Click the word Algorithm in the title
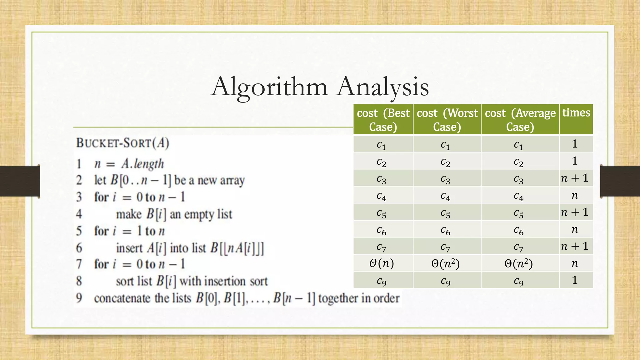[269, 86]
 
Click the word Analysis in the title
[383, 86]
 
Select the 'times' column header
[576, 113]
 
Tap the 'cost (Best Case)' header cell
[383, 120]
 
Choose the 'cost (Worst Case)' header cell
[447, 120]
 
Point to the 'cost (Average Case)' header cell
[520, 120]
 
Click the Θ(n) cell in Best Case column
[382, 263]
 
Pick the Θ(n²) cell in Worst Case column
[446, 263]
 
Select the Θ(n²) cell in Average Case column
[519, 263]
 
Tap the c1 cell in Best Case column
[382, 144]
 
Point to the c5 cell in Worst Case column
[446, 212]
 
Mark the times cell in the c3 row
[575, 178]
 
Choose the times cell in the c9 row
[575, 280]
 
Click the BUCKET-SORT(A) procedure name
[123, 143]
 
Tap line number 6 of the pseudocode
[79, 248]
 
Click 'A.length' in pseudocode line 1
[143, 163]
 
